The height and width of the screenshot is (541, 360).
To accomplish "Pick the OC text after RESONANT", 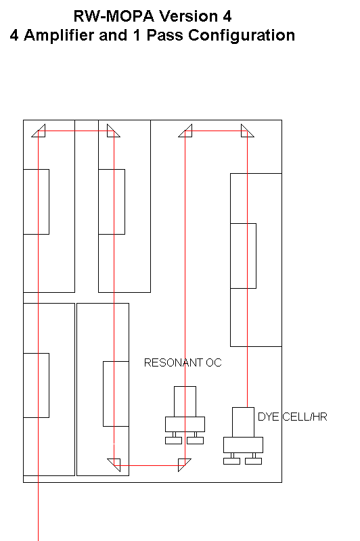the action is pyautogui.click(x=214, y=362).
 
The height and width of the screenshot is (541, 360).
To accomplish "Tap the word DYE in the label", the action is pyautogui.click(x=268, y=417).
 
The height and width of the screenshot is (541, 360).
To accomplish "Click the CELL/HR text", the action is pyautogui.click(x=305, y=417).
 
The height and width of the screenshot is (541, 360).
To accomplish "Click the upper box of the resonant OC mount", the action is pyautogui.click(x=185, y=402).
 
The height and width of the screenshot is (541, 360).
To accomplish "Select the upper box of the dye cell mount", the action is pyautogui.click(x=243, y=422).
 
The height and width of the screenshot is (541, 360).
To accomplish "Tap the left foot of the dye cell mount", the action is pyautogui.click(x=231, y=461).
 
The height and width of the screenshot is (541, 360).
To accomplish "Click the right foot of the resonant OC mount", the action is pyautogui.click(x=195, y=441).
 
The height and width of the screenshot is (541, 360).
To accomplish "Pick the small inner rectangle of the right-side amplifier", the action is pyautogui.click(x=243, y=256).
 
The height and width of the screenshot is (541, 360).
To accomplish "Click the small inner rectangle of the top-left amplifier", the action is pyautogui.click(x=36, y=202).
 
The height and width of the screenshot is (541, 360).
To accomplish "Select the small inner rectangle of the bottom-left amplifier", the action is pyautogui.click(x=36, y=385).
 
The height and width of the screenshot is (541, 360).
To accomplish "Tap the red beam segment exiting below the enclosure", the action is pyautogui.click(x=38, y=512).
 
